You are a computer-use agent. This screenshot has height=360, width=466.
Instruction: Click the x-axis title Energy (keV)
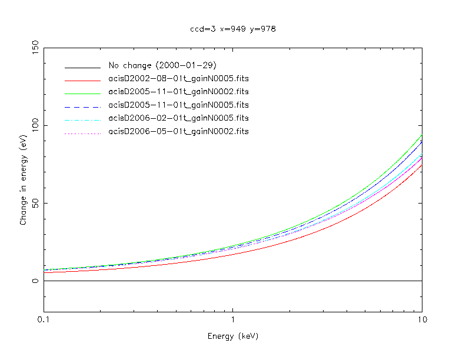233,336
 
